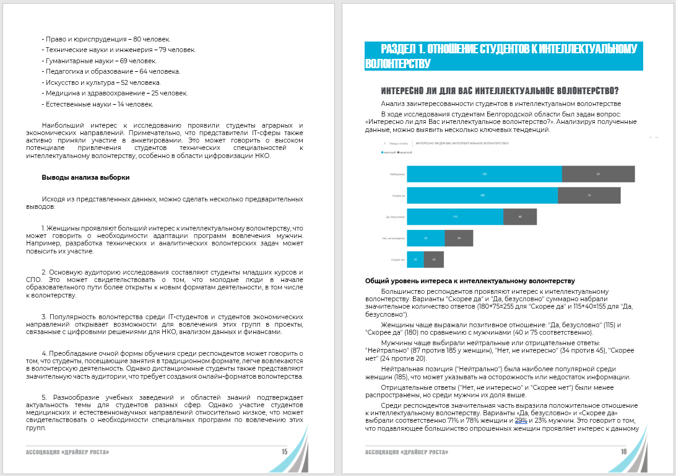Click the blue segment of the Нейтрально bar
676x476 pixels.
coord(484,174)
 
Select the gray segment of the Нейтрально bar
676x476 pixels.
coord(598,174)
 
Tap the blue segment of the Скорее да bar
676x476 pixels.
coord(482,195)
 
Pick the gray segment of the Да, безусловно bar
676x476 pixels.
coord(520,217)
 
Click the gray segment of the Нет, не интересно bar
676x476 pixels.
coord(459,238)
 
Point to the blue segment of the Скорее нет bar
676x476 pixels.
coord(415,259)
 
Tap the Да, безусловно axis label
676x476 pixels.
coord(394,217)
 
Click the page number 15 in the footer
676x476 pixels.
coord(284,452)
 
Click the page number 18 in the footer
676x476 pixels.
coord(624,452)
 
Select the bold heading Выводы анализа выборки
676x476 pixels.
coord(85,177)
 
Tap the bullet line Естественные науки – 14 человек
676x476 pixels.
coord(97,104)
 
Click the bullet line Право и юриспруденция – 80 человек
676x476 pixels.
coord(106,38)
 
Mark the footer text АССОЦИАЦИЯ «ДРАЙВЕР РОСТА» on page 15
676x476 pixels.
coord(67,452)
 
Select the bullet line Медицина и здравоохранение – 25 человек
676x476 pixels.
coord(115,93)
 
